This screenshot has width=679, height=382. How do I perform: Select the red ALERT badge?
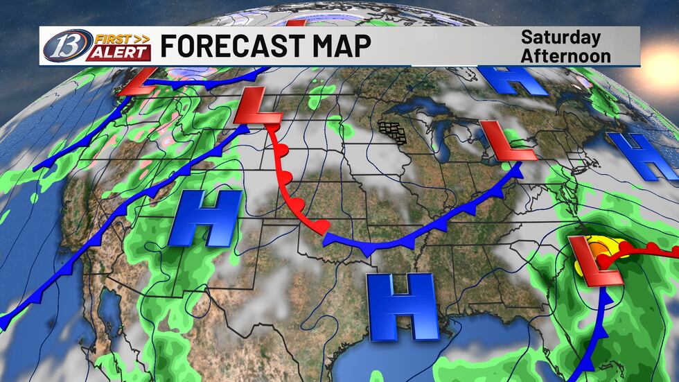[x=118, y=53]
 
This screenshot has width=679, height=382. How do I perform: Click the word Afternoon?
[x=565, y=55]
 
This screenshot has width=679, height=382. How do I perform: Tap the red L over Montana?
[x=258, y=109]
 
